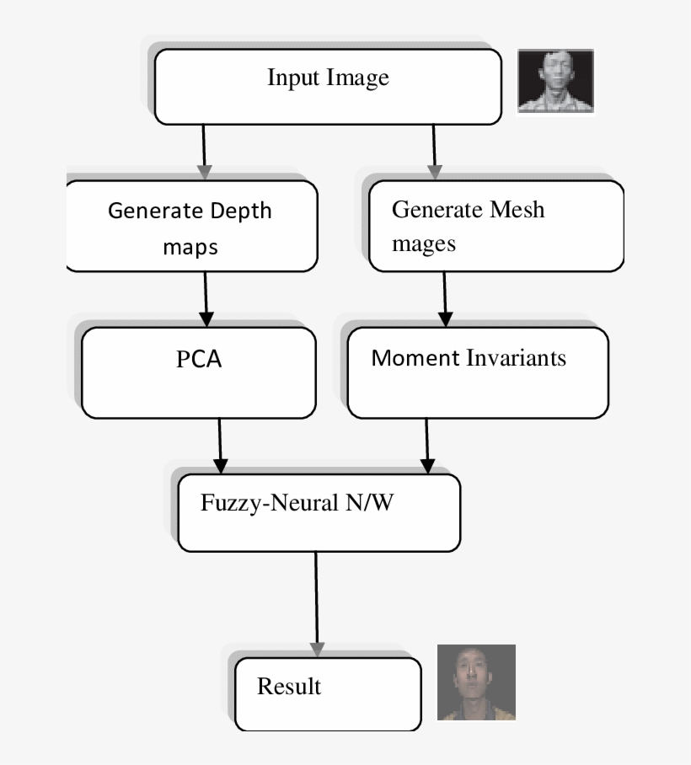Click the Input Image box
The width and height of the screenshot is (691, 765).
(x=328, y=86)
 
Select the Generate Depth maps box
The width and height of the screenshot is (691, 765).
(x=191, y=226)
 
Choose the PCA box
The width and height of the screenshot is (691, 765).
(x=199, y=372)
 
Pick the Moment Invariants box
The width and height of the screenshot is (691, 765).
(x=477, y=372)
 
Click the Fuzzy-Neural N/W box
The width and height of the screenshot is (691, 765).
(x=319, y=512)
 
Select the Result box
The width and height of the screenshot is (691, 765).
(x=327, y=694)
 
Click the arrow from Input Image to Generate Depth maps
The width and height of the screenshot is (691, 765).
(x=203, y=152)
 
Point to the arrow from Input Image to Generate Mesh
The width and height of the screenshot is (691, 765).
(x=434, y=152)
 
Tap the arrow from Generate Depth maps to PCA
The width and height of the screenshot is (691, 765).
(x=206, y=299)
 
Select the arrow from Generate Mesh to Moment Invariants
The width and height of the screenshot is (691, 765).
(x=445, y=299)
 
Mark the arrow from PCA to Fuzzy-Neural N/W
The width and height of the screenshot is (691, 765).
(x=221, y=446)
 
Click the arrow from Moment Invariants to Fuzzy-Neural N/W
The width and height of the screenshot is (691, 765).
(x=427, y=446)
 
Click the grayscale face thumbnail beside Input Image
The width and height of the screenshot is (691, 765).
(x=555, y=81)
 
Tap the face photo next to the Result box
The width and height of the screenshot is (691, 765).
(x=476, y=682)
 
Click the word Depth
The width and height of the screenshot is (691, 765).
(x=239, y=211)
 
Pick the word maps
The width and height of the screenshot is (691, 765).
(x=190, y=248)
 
